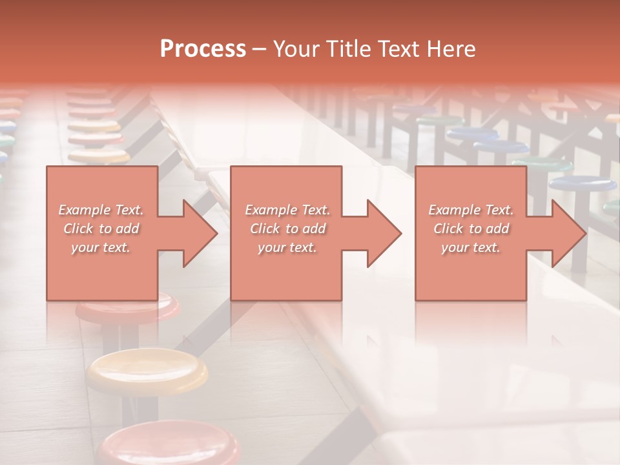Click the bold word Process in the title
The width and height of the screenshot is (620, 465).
point(203,49)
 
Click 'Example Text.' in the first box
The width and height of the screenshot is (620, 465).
point(101,210)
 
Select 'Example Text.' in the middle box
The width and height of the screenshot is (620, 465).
point(287,210)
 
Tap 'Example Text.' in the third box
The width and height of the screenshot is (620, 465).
point(471,210)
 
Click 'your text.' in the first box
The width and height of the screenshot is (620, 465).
point(101,247)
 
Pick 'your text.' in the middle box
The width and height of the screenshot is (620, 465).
point(287,247)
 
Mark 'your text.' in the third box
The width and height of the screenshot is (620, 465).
point(471,247)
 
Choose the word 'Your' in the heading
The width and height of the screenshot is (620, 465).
point(297,49)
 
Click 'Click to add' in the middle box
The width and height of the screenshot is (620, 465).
point(287,229)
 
